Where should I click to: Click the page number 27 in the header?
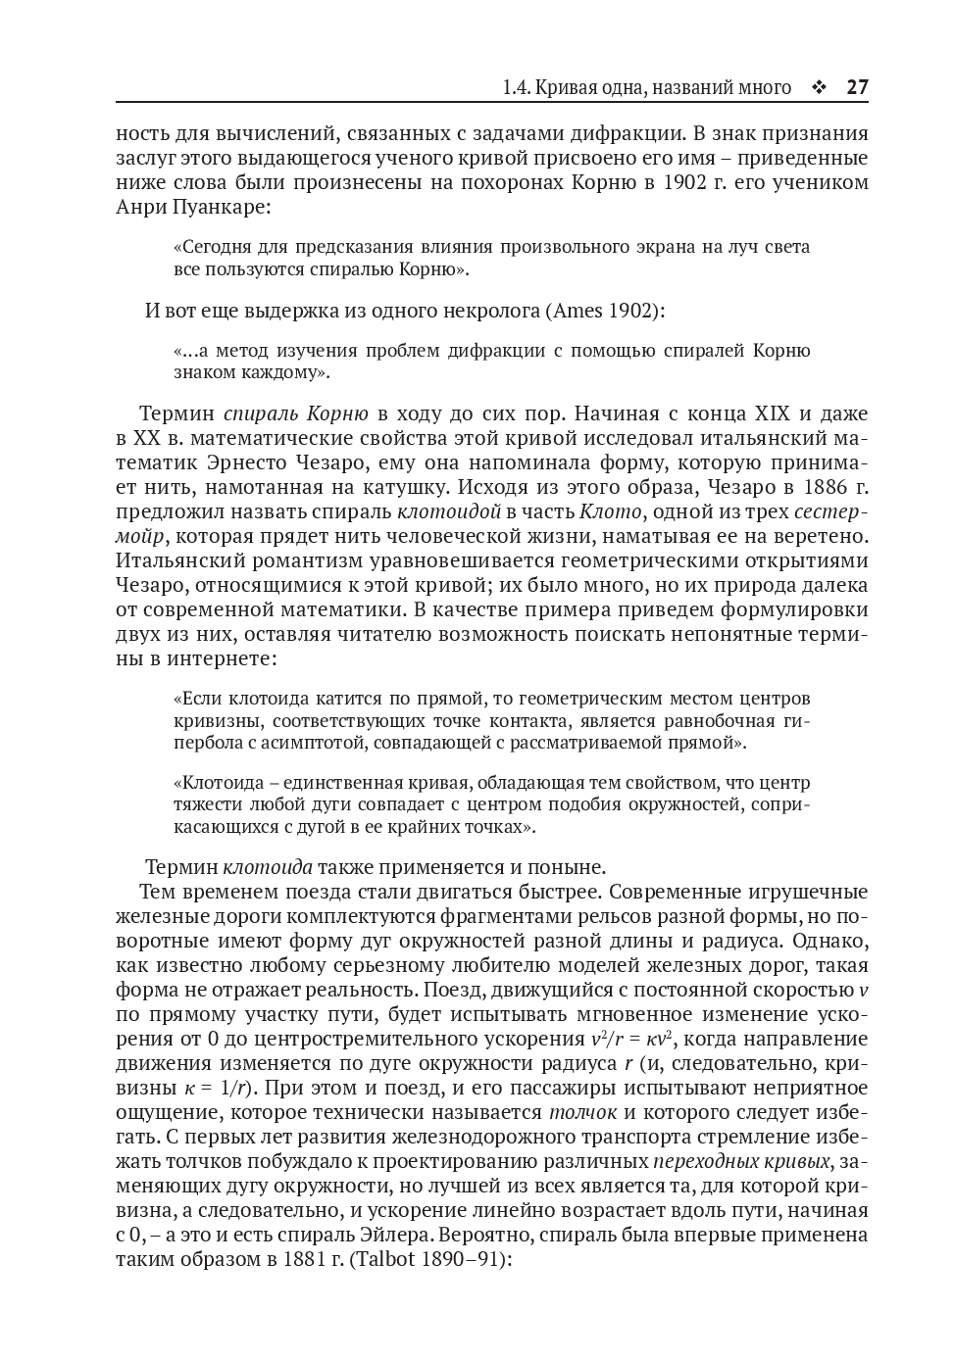point(857,88)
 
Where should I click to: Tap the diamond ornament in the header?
point(819,88)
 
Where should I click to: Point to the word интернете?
point(230,658)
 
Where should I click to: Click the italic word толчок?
point(582,1112)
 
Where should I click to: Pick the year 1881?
point(291,1259)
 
